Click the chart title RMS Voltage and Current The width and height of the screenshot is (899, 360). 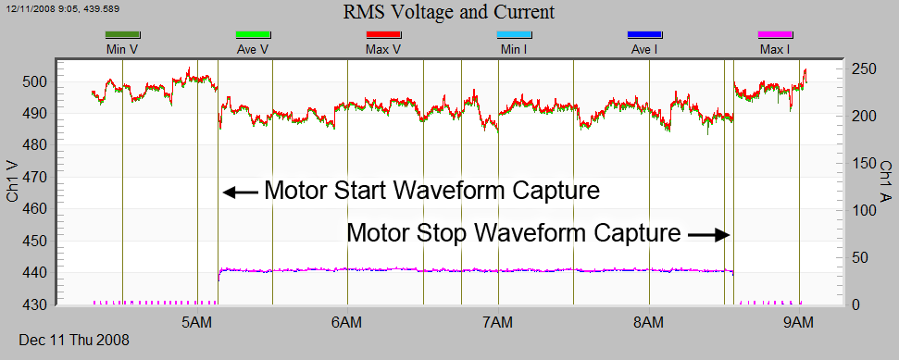[449, 12]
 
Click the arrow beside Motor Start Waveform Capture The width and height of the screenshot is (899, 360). [240, 192]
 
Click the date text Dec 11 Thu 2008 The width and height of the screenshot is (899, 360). [74, 341]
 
